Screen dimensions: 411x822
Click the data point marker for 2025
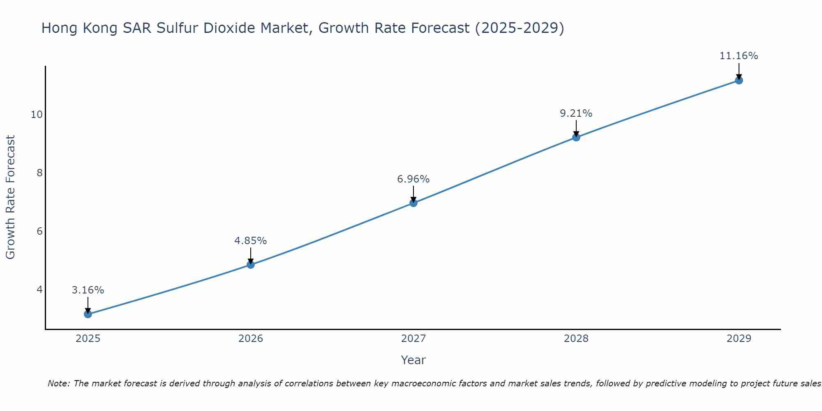tap(88, 314)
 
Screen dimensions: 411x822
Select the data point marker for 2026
tap(251, 265)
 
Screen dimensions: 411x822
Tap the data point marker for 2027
tap(413, 203)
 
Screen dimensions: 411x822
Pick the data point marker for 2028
tap(576, 137)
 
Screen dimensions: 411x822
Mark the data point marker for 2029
tap(739, 81)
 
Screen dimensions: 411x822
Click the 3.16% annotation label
tap(88, 290)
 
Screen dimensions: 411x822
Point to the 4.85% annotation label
tap(251, 241)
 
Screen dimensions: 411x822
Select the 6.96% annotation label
tap(413, 179)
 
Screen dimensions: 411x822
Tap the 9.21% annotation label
tap(576, 113)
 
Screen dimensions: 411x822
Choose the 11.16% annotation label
tap(739, 56)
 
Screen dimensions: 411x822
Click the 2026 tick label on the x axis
tap(251, 339)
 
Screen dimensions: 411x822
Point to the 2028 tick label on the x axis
tap(576, 339)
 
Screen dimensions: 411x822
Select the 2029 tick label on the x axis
tap(739, 339)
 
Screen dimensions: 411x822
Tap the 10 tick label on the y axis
tap(37, 115)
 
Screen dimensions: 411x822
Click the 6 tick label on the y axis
tap(39, 231)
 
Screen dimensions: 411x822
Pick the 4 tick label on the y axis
tap(39, 290)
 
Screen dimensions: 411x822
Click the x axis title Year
tap(413, 360)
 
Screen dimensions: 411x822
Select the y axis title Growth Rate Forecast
tap(11, 197)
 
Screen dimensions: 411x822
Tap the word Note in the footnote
tap(59, 384)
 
